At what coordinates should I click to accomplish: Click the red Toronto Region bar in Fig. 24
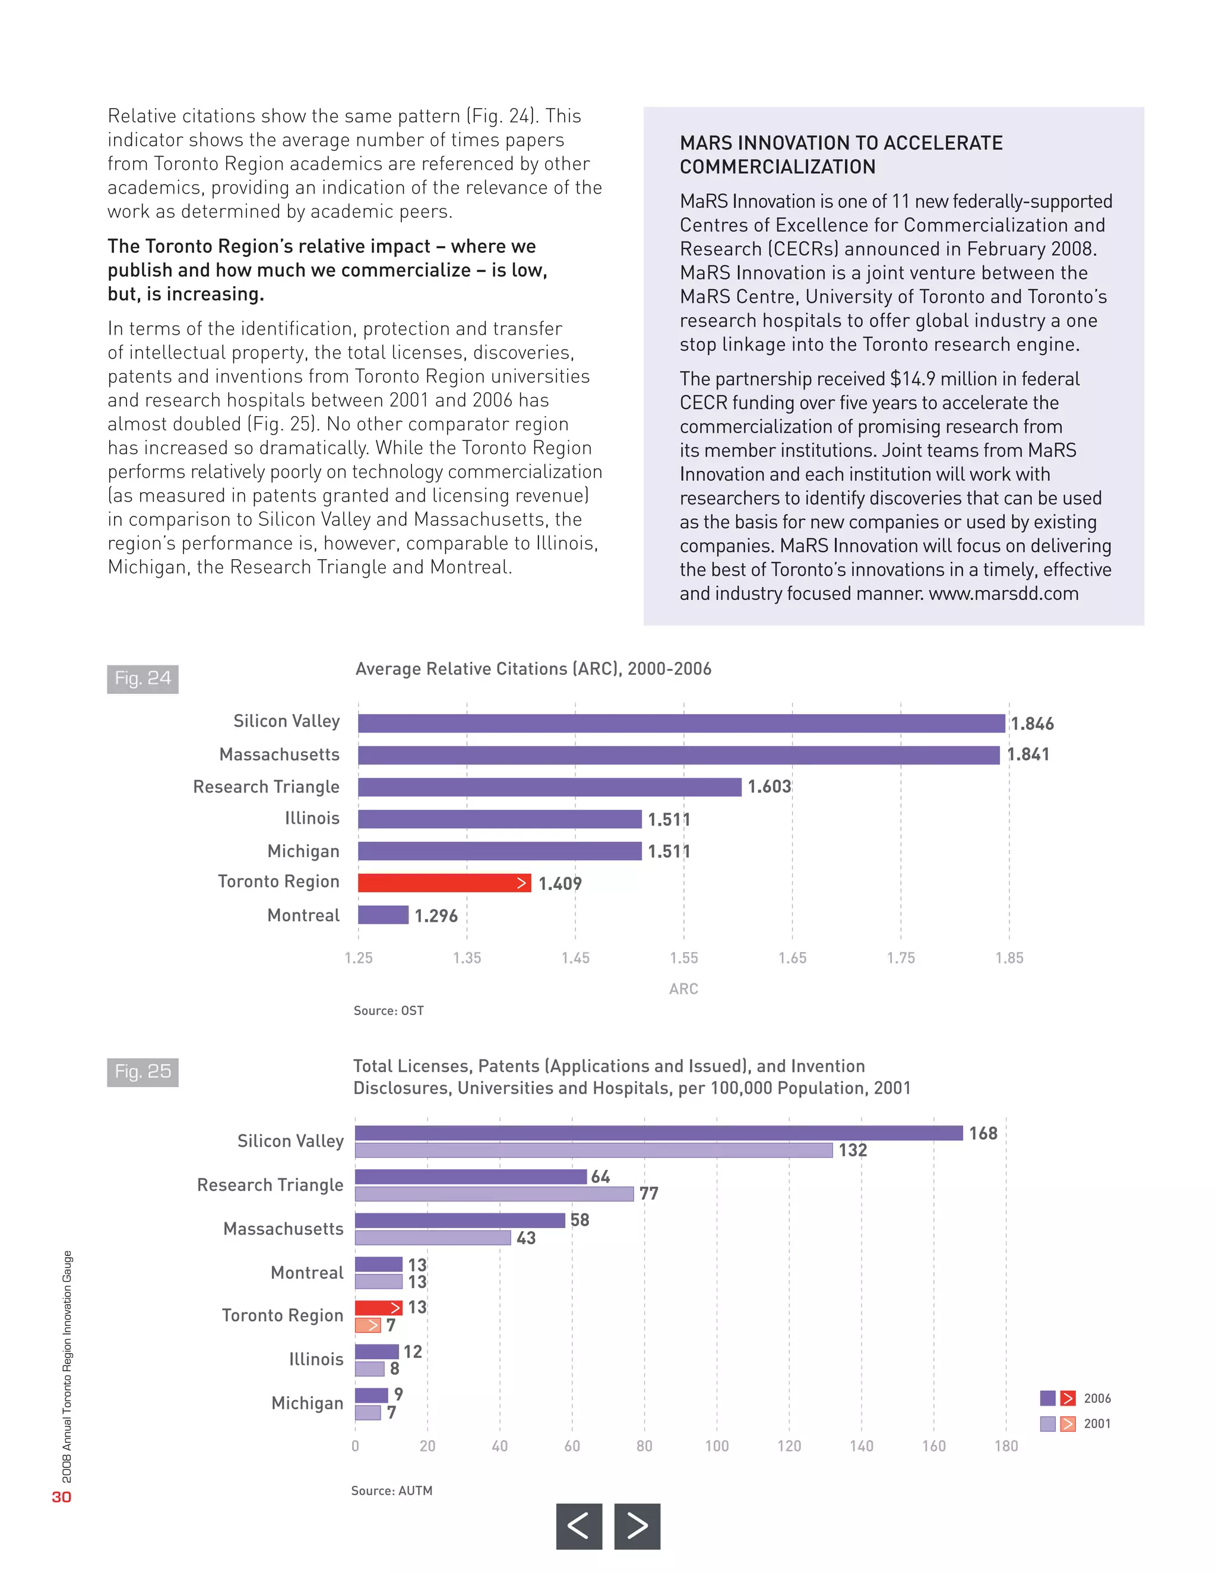pos(444,883)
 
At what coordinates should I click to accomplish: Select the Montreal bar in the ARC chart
pos(383,915)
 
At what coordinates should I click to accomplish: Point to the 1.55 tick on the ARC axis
pos(683,958)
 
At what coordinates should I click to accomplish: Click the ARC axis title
pos(683,989)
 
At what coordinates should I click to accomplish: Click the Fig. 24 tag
pos(142,678)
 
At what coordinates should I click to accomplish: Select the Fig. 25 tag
pos(142,1071)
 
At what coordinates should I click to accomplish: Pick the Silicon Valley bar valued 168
pos(658,1133)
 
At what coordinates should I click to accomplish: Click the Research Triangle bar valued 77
pos(494,1194)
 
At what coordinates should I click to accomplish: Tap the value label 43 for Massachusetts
pos(526,1238)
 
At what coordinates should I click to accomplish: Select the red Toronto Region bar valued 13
pos(378,1308)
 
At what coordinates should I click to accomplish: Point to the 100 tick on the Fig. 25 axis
pos(717,1445)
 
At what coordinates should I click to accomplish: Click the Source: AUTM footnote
pos(392,1490)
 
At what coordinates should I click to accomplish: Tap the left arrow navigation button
pos(578,1526)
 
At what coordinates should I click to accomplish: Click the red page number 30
pos(61,1496)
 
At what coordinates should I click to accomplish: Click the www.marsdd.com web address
pos(1003,594)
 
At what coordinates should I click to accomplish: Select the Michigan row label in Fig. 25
pos(308,1403)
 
